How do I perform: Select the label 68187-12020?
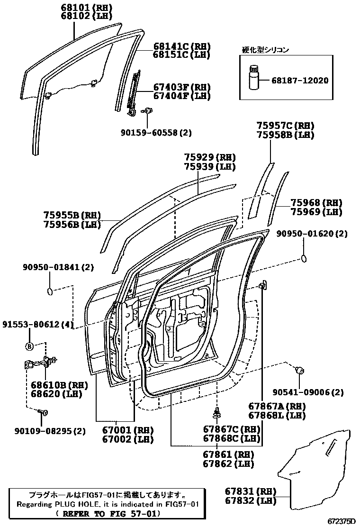click(300, 81)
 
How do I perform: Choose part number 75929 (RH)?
click(210, 157)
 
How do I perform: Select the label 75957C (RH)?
click(285, 126)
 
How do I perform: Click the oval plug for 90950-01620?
click(305, 258)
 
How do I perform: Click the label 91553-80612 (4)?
click(38, 325)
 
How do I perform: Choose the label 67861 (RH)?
click(229, 455)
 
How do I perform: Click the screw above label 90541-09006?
click(299, 371)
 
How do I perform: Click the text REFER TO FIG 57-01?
click(108, 514)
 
